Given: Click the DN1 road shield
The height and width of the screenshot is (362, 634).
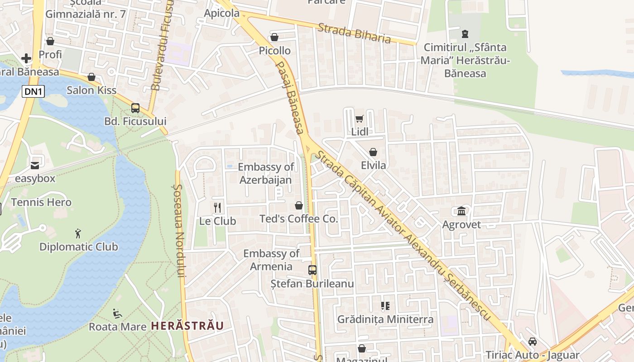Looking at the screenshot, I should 34,91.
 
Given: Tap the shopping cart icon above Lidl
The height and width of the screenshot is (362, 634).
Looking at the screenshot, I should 359,119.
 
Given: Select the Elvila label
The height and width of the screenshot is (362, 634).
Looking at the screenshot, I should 373,165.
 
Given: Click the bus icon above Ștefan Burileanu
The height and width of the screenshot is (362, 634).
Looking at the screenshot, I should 312,270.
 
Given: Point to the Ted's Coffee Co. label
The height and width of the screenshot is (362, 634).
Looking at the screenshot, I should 298,219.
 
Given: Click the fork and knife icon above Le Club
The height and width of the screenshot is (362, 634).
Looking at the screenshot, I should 217,208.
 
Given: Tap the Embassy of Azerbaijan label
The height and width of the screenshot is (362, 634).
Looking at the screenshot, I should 266,173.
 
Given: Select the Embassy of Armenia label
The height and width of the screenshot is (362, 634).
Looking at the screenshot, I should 271,260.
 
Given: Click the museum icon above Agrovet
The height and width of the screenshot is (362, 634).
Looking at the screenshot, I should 461,211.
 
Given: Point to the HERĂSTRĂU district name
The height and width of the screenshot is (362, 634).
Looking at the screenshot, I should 187,326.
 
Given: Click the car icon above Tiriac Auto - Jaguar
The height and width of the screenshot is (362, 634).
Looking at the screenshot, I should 533,341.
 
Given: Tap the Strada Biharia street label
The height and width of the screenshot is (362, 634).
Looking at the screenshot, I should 354,33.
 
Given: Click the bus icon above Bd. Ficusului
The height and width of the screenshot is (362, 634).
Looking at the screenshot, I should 135,108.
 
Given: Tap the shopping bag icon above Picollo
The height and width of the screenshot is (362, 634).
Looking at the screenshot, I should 274,37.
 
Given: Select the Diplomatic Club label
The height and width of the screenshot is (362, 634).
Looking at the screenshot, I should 78,247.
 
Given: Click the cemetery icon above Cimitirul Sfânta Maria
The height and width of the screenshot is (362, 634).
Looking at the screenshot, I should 465,33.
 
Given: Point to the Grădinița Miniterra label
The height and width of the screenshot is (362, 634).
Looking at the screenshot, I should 385,319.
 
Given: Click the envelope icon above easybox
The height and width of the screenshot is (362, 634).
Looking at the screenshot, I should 35,165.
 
